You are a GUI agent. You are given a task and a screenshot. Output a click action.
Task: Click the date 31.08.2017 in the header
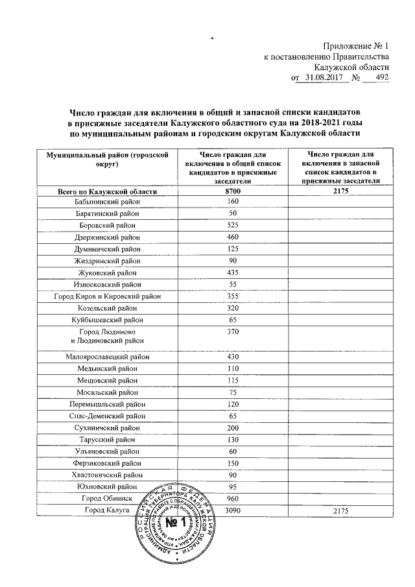point(324,78)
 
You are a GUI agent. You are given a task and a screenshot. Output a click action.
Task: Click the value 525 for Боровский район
point(232,225)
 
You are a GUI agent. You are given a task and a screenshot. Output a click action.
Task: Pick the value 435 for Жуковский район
point(232,272)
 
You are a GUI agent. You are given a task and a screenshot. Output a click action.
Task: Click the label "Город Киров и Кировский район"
point(108,296)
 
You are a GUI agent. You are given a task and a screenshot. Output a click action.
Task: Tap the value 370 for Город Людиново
point(232,332)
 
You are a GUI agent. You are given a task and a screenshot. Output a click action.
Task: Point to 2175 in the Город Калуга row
point(340,512)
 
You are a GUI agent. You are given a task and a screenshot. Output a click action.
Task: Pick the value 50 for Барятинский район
point(232,213)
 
